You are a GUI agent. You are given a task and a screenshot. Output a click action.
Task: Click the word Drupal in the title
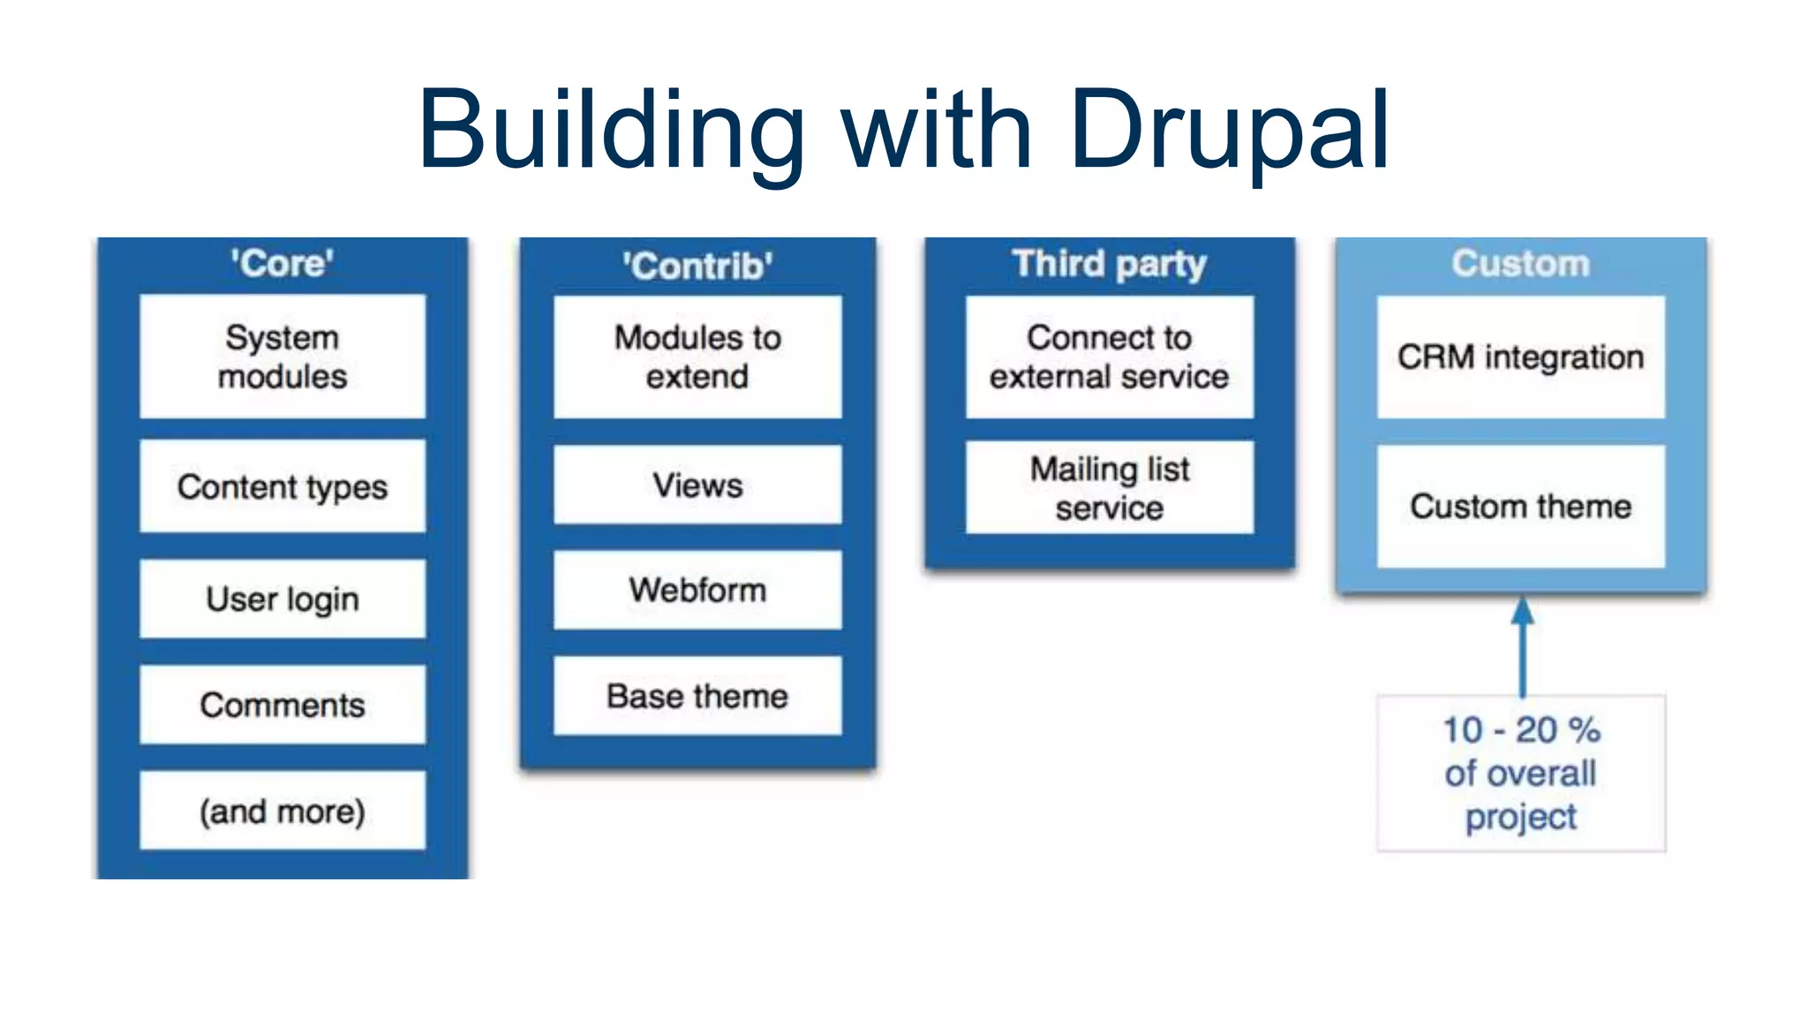click(x=1229, y=131)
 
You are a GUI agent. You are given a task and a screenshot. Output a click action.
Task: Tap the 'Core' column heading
click(x=282, y=264)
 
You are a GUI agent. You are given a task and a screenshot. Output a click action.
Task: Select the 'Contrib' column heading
click(x=697, y=266)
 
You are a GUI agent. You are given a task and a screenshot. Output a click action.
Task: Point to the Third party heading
click(x=1109, y=264)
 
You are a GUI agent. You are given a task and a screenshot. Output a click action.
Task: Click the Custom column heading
click(x=1520, y=264)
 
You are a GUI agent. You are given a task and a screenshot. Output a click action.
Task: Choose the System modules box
click(x=282, y=357)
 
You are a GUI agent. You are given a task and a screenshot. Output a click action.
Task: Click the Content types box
click(x=282, y=486)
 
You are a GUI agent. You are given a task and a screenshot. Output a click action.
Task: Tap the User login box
click(x=282, y=599)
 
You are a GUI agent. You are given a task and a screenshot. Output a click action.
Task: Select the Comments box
click(x=282, y=704)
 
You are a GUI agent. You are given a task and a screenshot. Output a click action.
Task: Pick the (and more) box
click(x=282, y=810)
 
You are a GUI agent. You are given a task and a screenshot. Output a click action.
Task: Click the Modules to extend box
click(x=697, y=357)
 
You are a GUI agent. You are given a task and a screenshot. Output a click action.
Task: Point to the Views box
click(x=697, y=485)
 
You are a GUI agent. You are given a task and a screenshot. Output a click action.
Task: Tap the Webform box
click(x=697, y=590)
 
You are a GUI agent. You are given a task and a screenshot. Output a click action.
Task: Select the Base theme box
click(x=697, y=696)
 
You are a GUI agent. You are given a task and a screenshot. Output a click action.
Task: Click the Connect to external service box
click(x=1109, y=357)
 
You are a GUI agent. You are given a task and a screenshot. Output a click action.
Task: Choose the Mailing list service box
click(x=1109, y=487)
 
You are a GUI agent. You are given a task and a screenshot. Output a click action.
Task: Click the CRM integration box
click(x=1520, y=357)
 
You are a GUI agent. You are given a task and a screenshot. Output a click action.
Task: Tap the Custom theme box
click(x=1520, y=506)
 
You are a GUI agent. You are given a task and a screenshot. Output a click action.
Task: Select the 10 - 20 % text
click(x=1520, y=730)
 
